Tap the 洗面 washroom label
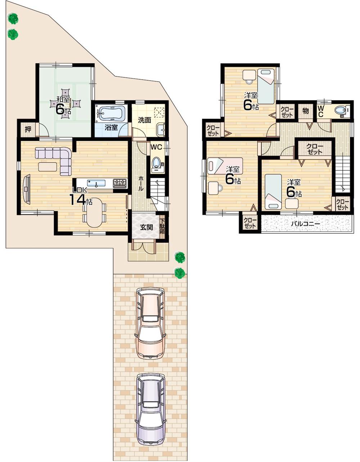tap(144, 120)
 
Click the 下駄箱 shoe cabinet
tap(162, 227)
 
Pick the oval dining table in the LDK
tap(94, 213)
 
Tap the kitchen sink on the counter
tap(96, 183)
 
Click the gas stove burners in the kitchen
tap(120, 183)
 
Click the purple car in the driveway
tap(150, 409)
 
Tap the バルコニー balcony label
tap(305, 224)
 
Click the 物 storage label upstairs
tap(305, 111)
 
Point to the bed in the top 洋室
tap(266, 86)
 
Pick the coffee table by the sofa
tap(48, 167)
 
